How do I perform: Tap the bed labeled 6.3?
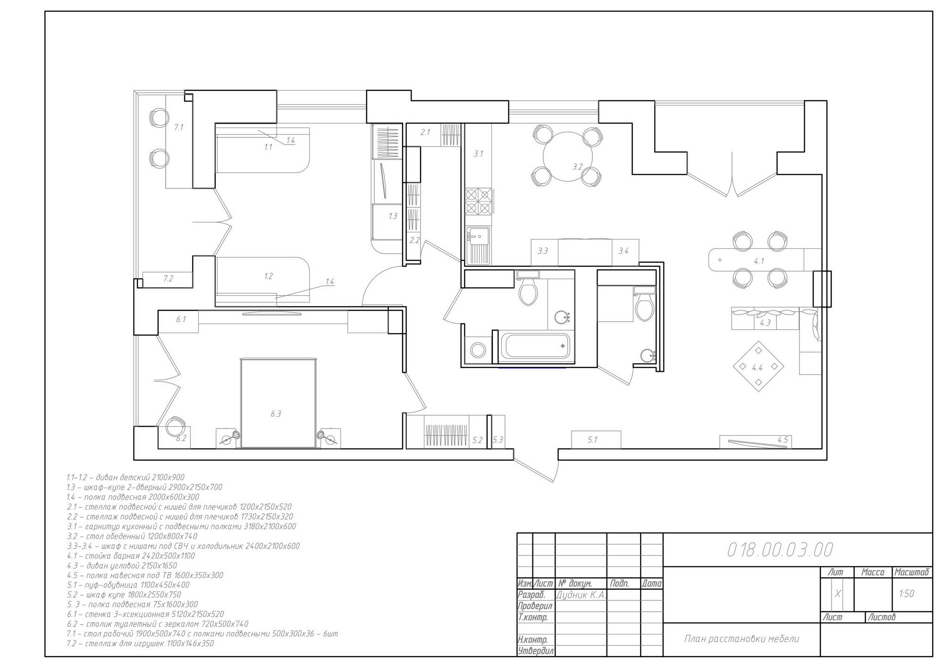[x=278, y=403]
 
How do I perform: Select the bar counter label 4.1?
[x=759, y=261]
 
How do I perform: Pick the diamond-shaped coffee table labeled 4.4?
[x=759, y=367]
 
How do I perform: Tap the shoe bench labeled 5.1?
[x=596, y=439]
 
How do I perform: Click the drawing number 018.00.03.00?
[x=780, y=549]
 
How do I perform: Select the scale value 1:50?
[x=907, y=594]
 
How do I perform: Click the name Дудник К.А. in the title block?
[x=581, y=595]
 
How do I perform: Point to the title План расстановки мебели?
[x=742, y=639]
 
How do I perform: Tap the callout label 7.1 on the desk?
[x=178, y=127]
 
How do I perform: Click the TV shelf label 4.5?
[x=783, y=440]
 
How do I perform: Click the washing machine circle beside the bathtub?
[x=478, y=351]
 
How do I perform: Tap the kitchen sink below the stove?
[x=478, y=245]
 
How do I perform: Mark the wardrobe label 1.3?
[x=393, y=216]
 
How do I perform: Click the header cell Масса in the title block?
[x=873, y=572]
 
